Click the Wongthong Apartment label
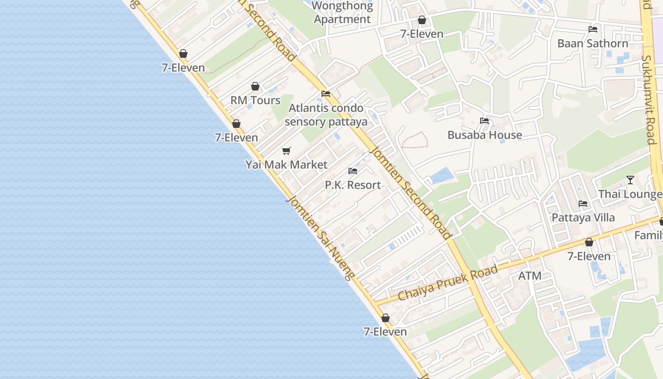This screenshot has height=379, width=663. pyautogui.click(x=342, y=13)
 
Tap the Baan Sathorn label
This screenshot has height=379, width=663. pyautogui.click(x=592, y=44)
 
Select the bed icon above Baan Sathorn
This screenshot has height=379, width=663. pyautogui.click(x=592, y=29)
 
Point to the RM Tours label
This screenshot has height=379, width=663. pyautogui.click(x=255, y=100)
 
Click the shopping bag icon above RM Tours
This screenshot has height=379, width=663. pyautogui.click(x=255, y=86)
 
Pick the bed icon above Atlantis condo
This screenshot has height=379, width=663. pyautogui.click(x=326, y=94)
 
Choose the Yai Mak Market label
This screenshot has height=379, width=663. pyautogui.click(x=286, y=165)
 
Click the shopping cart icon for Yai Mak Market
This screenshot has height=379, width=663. pyautogui.click(x=286, y=151)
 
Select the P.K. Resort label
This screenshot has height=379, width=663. pyautogui.click(x=353, y=185)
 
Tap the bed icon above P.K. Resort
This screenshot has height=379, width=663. pyautogui.click(x=353, y=171)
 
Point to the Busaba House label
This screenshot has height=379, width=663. pyautogui.click(x=484, y=135)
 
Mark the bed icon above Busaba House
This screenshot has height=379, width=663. pyautogui.click(x=484, y=121)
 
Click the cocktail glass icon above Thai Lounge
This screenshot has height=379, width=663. pyautogui.click(x=630, y=180)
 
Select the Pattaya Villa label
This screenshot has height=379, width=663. pyautogui.click(x=583, y=218)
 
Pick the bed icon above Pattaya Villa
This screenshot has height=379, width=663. pyautogui.click(x=583, y=204)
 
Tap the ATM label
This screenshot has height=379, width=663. pyautogui.click(x=529, y=276)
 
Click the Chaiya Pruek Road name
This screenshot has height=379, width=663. pyautogui.click(x=448, y=283)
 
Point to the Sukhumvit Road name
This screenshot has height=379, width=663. pyautogui.click(x=649, y=99)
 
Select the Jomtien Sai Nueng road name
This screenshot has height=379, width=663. pyautogui.click(x=320, y=237)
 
